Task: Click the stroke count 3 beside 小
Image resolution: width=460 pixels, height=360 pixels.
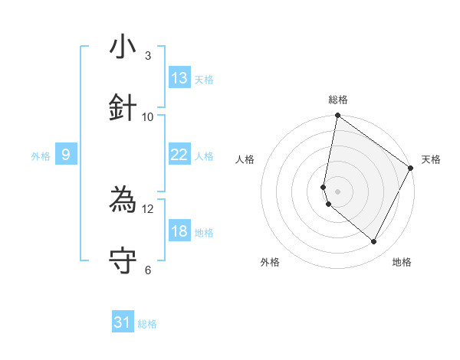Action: [148, 56]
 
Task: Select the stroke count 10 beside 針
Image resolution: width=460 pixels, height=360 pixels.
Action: [148, 116]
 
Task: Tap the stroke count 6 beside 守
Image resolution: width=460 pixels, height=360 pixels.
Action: [148, 270]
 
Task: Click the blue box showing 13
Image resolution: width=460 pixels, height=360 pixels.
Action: [179, 78]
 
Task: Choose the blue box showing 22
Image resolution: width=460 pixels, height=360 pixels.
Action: [179, 155]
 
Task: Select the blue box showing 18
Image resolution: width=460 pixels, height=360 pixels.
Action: [179, 231]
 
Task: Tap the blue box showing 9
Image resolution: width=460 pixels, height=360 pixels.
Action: [66, 155]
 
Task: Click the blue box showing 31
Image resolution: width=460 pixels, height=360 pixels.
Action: [123, 323]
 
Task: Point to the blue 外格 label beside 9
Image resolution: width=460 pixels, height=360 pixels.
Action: [41, 156]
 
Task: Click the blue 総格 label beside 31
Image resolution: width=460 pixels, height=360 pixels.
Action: [147, 325]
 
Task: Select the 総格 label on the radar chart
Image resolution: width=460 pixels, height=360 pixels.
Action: [337, 100]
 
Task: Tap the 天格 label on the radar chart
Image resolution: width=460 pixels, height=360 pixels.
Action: [431, 159]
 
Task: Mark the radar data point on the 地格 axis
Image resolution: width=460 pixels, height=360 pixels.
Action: [374, 242]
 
